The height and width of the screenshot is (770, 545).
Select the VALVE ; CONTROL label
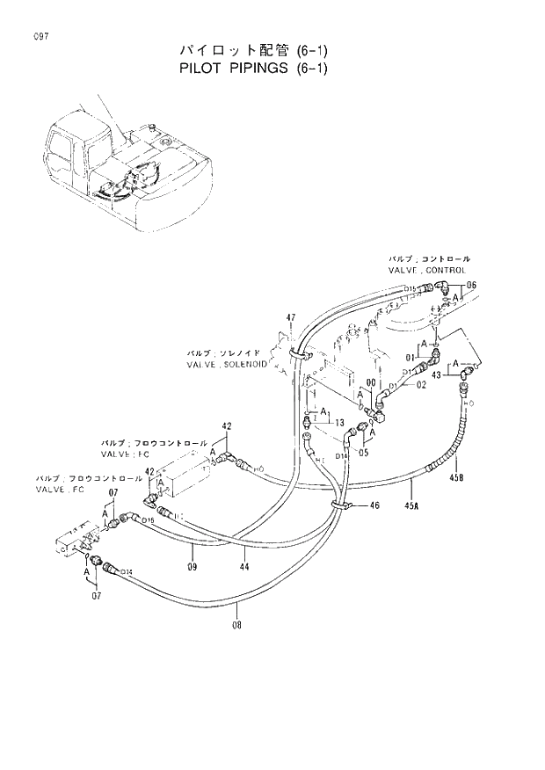click(429, 272)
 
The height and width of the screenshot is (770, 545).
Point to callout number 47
click(290, 316)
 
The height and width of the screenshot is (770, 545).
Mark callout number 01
click(410, 358)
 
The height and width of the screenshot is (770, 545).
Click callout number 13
click(338, 423)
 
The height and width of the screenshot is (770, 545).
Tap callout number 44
click(245, 567)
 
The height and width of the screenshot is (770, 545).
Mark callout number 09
click(192, 567)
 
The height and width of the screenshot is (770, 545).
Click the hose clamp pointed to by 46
click(339, 504)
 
